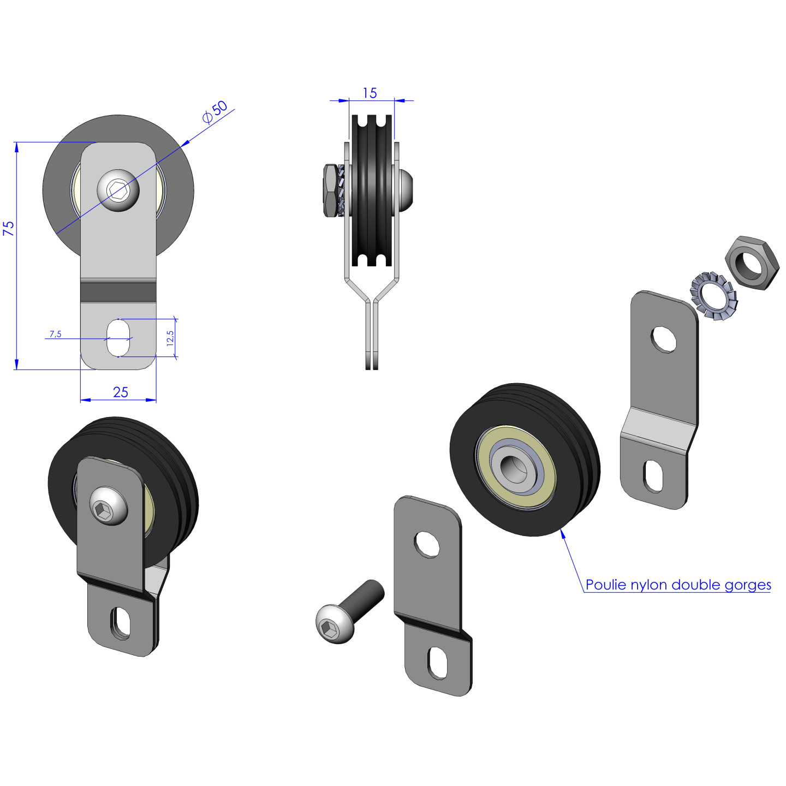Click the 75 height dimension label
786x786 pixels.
(x=9, y=228)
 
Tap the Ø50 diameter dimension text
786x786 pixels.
(x=215, y=112)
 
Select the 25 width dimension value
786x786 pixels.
(x=120, y=392)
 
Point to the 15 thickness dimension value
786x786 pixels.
(x=370, y=93)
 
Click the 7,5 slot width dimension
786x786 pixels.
(x=56, y=334)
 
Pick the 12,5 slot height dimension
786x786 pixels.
(x=170, y=338)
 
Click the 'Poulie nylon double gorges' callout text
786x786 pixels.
(x=678, y=585)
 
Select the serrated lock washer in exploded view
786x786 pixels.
(x=714, y=296)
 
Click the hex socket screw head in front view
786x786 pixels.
(x=118, y=190)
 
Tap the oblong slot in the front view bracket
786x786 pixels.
(x=118, y=338)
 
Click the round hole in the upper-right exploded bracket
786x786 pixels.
(x=664, y=340)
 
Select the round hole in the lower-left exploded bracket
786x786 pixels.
(x=427, y=544)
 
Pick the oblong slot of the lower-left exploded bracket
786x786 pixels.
(x=437, y=663)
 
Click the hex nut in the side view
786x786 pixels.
(x=331, y=190)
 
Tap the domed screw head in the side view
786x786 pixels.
(x=406, y=190)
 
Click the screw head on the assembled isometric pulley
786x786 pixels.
(x=108, y=506)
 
